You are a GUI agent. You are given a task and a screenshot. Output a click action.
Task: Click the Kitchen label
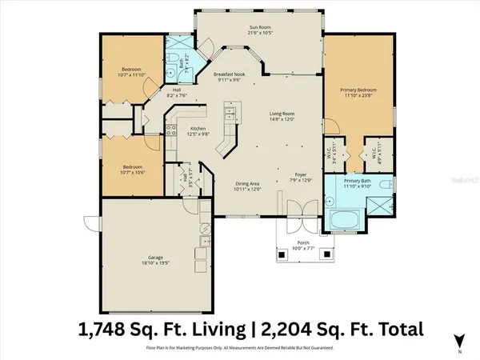(199, 129)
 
